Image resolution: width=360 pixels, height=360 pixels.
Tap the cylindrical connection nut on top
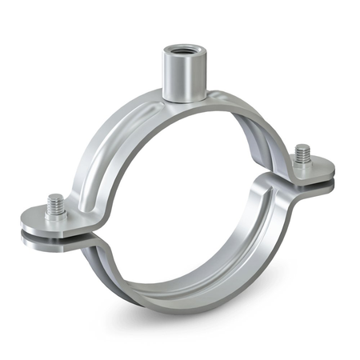coord(180,76)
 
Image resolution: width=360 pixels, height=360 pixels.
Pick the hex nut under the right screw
coord(302,162)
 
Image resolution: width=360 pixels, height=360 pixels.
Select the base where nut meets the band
coord(180,99)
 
